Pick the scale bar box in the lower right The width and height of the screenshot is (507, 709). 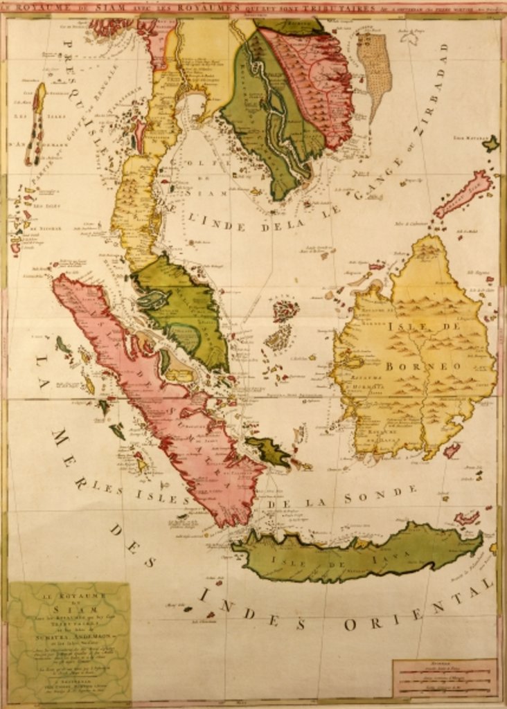coord(444,679)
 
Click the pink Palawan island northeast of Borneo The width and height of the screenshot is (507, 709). coord(464,193)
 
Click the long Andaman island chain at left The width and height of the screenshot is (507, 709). coord(37,125)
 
